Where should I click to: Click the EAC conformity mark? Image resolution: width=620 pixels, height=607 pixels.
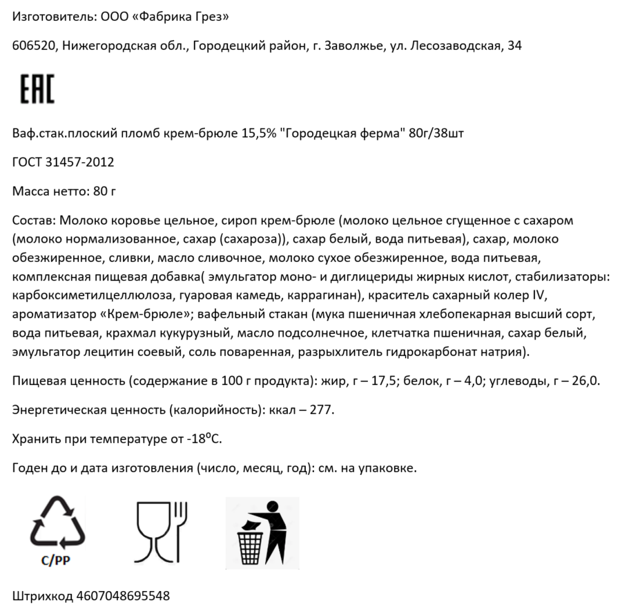click(37, 89)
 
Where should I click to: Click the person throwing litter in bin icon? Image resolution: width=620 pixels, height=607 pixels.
click(262, 533)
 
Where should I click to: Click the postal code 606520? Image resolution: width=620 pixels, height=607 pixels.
click(34, 46)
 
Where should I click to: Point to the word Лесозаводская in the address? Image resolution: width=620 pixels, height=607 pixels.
click(456, 46)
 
